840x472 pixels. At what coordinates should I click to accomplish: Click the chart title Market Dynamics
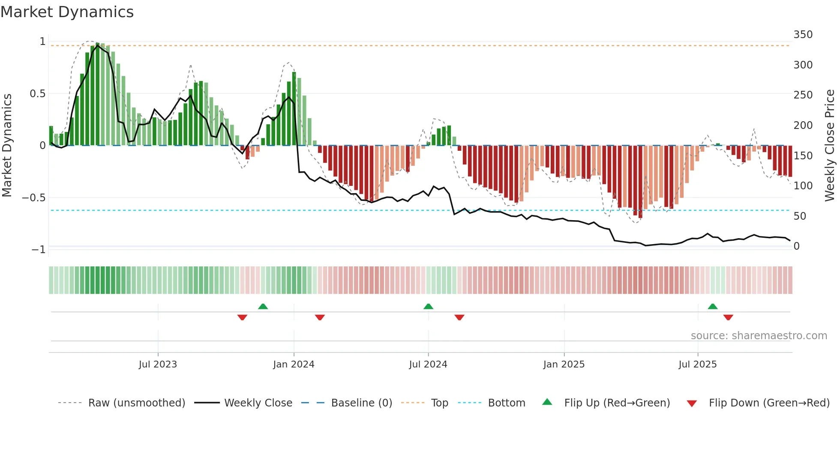point(67,12)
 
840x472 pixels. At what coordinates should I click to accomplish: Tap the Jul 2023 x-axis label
point(158,364)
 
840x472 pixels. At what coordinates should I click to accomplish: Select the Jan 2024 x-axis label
point(294,364)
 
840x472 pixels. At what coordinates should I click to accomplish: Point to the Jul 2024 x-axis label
point(428,364)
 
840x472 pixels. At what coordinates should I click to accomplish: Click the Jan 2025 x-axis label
point(564,364)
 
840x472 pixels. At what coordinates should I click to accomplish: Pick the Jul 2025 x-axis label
point(697,364)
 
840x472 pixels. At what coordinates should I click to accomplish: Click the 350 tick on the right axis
point(803,35)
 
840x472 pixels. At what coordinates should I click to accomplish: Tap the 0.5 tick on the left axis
point(37,94)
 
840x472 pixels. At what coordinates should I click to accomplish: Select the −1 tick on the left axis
point(38,250)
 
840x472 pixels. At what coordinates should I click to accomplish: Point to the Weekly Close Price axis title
point(830,146)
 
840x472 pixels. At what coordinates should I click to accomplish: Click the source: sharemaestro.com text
point(759,336)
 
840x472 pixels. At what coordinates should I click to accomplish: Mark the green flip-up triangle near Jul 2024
point(428,306)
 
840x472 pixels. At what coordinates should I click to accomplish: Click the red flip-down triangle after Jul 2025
point(728,317)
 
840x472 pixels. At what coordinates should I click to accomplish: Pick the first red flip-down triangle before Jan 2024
point(242,317)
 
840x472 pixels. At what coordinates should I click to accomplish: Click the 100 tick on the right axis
point(803,186)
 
